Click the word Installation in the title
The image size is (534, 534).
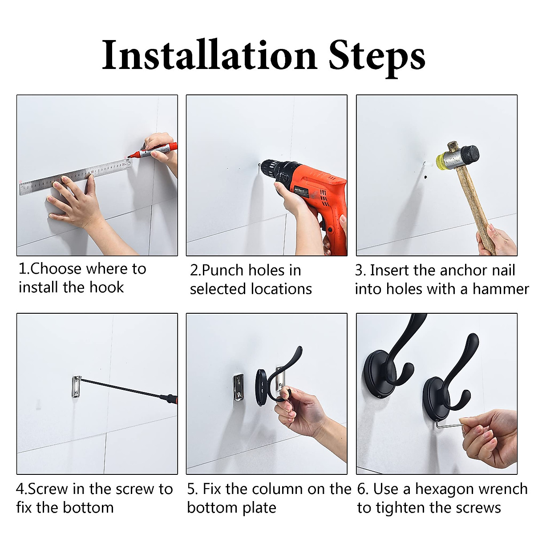pos(210,55)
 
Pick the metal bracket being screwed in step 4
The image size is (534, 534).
pos(76,387)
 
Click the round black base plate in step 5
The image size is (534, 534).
pos(261,387)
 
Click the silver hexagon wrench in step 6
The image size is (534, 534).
pos(448,424)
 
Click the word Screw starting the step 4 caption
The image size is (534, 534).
pos(48,489)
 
